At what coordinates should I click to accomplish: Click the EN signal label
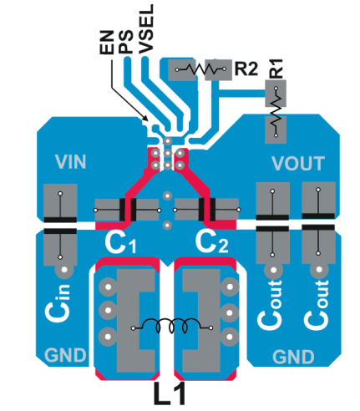coord(107,44)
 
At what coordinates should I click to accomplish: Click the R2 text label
coord(246,68)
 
